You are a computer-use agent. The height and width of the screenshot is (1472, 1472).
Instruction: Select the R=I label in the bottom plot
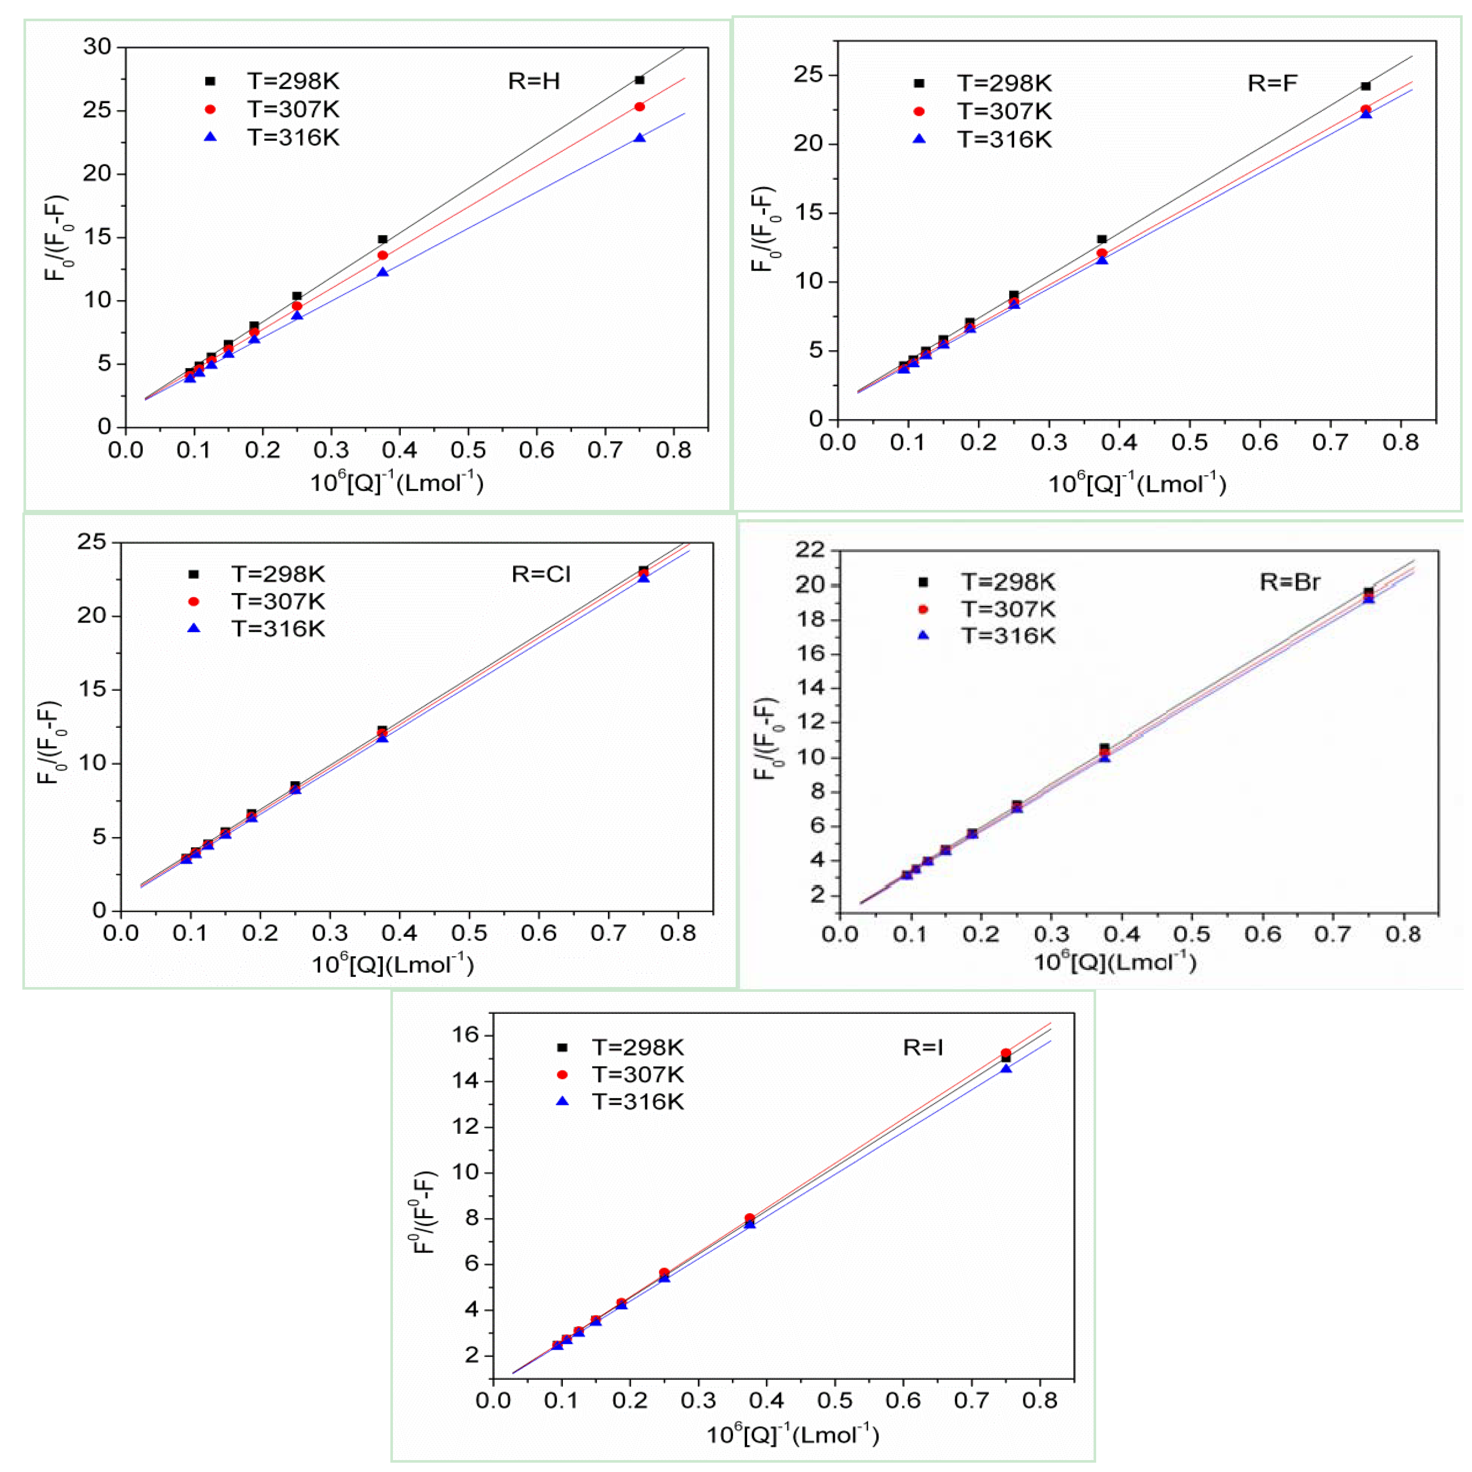pos(923,1048)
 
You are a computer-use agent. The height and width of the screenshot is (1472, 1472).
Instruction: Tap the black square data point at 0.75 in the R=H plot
pos(639,80)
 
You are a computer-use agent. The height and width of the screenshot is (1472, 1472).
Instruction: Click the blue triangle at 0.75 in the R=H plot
pos(639,138)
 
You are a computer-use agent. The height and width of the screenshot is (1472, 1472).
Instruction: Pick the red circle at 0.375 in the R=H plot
pos(383,255)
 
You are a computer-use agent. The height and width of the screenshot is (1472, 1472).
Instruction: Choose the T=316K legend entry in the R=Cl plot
pos(278,629)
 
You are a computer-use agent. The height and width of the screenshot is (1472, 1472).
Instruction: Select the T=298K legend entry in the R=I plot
pos(638,1048)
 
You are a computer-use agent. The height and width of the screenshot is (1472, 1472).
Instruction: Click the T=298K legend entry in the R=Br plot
pos(1007,582)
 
